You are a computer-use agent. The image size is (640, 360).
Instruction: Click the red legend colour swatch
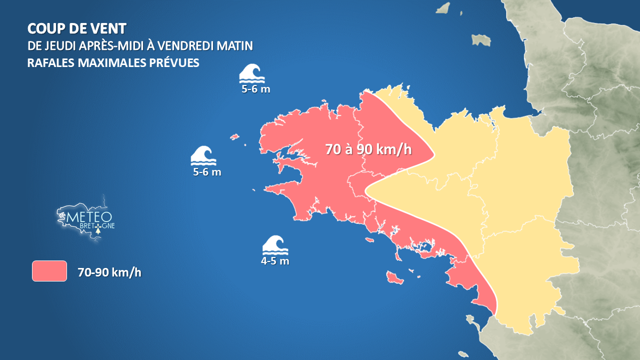[x=49, y=271]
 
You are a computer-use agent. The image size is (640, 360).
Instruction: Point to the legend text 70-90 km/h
[x=109, y=272]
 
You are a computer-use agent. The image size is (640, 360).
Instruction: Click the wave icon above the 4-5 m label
[x=275, y=244]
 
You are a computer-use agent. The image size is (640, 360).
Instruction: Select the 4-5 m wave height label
[x=275, y=261]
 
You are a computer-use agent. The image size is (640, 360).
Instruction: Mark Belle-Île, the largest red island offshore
[x=394, y=277]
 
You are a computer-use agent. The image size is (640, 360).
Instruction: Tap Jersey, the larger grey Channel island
[x=481, y=39]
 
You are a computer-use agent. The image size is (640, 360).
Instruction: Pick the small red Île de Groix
[x=370, y=240]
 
